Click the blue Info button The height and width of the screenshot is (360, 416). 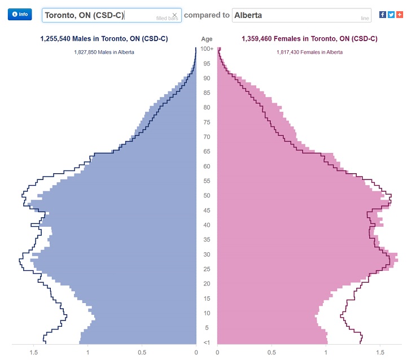20,14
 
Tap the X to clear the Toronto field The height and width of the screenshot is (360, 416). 174,15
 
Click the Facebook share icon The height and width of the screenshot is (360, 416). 383,14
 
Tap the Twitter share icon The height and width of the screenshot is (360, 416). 391,14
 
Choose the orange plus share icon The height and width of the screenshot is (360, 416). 400,14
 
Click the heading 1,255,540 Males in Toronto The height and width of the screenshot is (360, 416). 104,39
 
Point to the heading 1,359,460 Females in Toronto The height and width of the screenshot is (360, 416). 309,39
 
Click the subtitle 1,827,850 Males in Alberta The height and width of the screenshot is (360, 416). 104,52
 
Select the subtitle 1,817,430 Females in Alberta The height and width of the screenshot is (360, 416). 309,52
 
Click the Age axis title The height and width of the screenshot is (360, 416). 207,39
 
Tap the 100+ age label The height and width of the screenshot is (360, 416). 207,49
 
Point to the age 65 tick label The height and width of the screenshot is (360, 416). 207,151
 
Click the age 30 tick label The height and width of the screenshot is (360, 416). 207,254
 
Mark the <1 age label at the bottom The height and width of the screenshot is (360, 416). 207,343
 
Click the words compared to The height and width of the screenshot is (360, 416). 207,15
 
